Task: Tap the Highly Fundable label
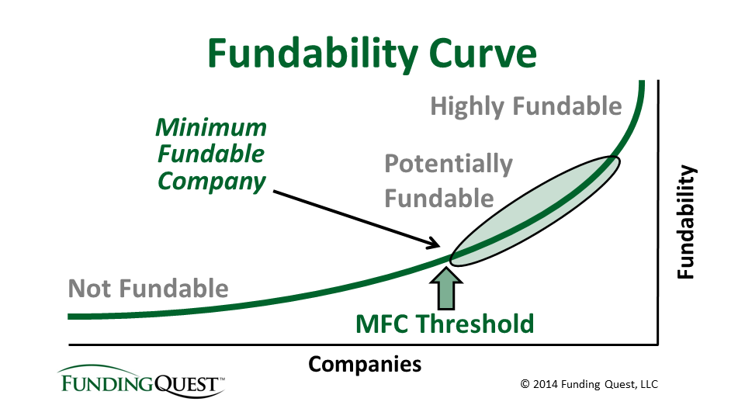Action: click(526, 106)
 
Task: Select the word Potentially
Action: click(449, 164)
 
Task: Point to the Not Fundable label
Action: click(148, 289)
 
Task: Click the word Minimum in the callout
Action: click(211, 127)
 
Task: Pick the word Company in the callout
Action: click(212, 182)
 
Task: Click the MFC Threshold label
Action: click(445, 324)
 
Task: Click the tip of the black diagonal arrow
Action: click(439, 247)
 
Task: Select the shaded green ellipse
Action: click(535, 211)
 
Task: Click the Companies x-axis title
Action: click(365, 365)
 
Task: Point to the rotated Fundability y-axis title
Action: click(686, 222)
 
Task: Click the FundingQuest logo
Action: click(141, 380)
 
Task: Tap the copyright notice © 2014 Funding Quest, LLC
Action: click(589, 384)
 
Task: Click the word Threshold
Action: click(475, 324)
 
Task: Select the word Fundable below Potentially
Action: click(439, 198)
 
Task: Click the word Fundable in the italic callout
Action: click(211, 154)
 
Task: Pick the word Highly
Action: click(465, 107)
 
